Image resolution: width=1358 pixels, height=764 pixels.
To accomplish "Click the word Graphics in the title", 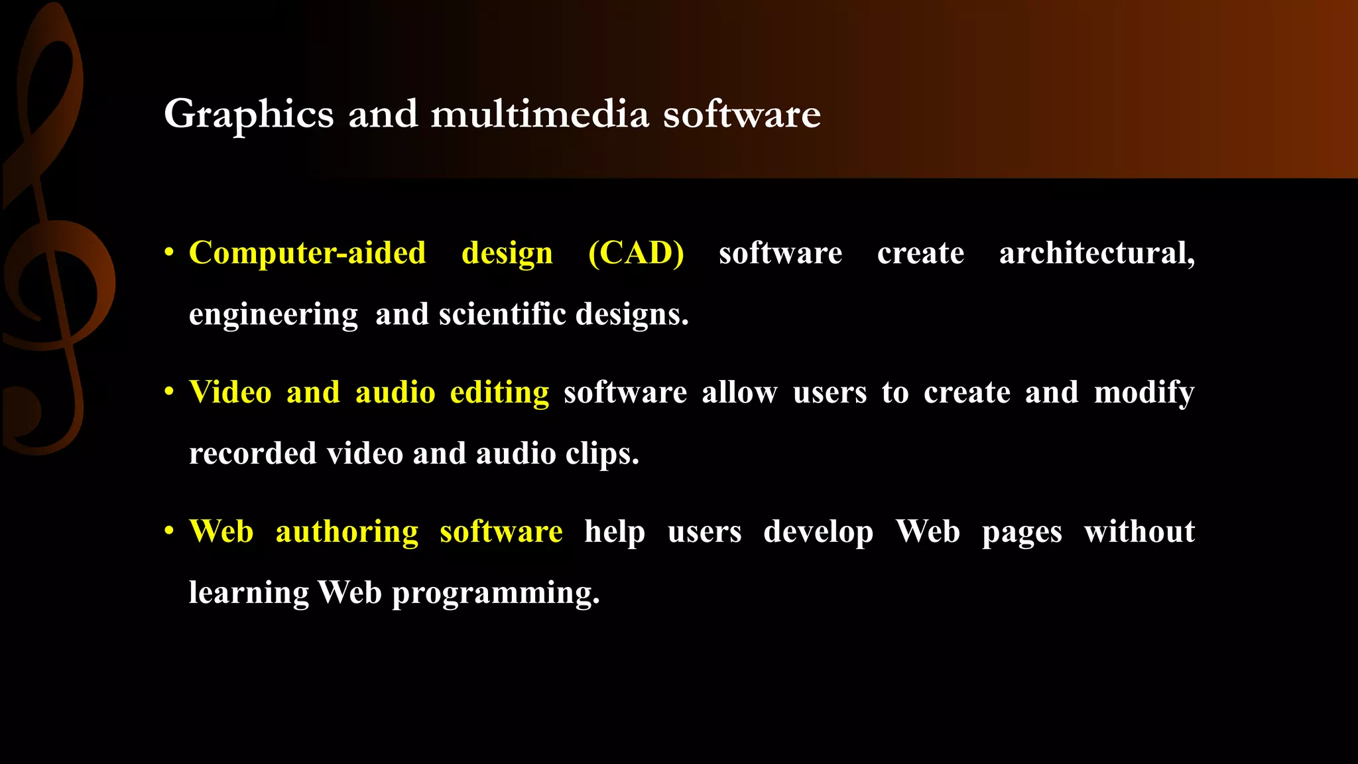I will click(x=249, y=115).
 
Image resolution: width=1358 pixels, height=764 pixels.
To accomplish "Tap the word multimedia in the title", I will click(x=540, y=113).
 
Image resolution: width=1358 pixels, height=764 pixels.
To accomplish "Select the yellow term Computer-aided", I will click(x=308, y=253).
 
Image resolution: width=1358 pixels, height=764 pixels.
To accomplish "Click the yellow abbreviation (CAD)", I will click(x=636, y=253).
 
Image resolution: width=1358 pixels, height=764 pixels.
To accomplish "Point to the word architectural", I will click(x=1097, y=253).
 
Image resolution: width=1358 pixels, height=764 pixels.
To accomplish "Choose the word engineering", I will click(x=273, y=314).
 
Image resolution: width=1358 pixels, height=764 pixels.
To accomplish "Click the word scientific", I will click(x=503, y=314).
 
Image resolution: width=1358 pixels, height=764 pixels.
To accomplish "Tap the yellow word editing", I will click(x=499, y=392).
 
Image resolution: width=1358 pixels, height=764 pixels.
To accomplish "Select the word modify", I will click(x=1144, y=393).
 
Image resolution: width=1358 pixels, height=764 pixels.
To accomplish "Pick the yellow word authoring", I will click(x=347, y=532).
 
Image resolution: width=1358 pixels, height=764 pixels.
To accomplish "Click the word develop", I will click(x=818, y=532).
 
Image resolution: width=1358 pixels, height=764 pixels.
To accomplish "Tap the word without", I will click(x=1139, y=531).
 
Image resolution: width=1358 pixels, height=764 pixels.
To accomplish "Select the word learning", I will click(x=249, y=593).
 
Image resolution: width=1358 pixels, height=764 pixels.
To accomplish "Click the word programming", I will click(x=495, y=593).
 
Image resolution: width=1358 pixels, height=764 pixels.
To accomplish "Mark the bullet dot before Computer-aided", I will click(x=170, y=253).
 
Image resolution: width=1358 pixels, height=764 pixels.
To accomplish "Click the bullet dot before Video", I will click(x=170, y=392).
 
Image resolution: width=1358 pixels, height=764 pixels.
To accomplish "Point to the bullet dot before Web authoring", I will click(x=170, y=531).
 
